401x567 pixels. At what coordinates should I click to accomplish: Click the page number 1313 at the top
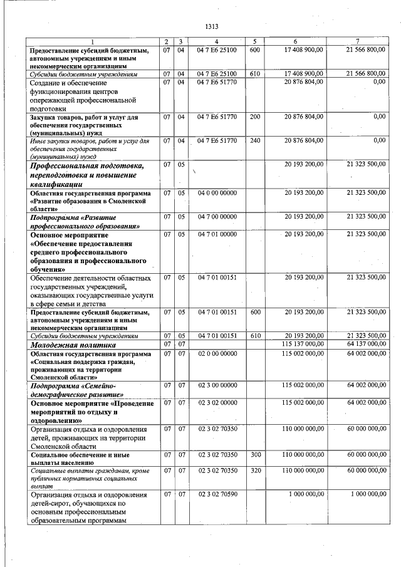click(211, 26)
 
